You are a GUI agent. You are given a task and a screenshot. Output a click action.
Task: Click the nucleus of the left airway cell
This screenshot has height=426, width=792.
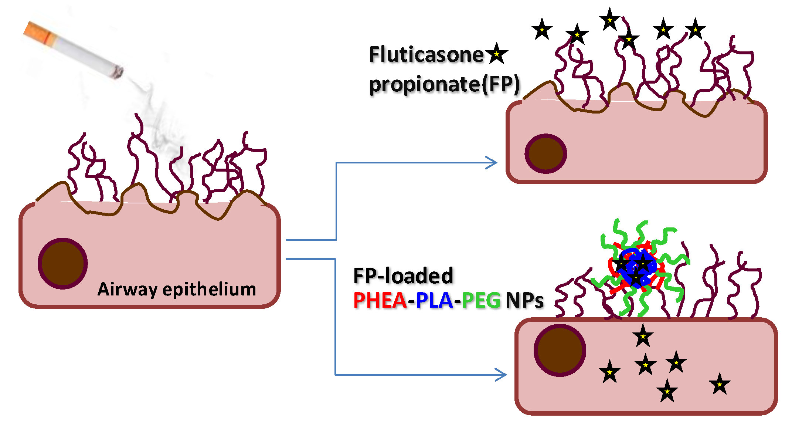(x=62, y=263)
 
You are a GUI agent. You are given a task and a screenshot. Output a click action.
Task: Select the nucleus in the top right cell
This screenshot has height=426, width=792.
(x=545, y=153)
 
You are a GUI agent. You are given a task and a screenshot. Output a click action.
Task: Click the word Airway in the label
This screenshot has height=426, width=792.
(x=127, y=290)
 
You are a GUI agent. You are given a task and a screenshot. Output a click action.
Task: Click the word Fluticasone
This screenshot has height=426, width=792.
(x=426, y=55)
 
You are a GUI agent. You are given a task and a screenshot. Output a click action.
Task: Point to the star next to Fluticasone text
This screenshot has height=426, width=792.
(x=496, y=54)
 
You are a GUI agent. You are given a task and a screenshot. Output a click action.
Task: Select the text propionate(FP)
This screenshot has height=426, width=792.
(x=444, y=85)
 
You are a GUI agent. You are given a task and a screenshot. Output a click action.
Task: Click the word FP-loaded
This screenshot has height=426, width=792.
(x=403, y=276)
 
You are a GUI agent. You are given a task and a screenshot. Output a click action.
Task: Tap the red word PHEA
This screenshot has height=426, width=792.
(x=380, y=300)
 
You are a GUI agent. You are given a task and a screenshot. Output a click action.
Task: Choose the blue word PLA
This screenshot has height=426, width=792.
(x=434, y=300)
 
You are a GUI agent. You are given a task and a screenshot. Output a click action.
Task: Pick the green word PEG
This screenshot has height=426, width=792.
(x=481, y=300)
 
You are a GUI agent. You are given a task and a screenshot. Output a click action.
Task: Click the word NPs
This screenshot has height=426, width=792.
(x=524, y=300)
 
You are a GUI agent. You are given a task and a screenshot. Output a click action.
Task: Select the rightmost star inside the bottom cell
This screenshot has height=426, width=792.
(x=719, y=384)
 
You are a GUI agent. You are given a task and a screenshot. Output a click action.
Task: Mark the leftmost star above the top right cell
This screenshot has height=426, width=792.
(x=542, y=29)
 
